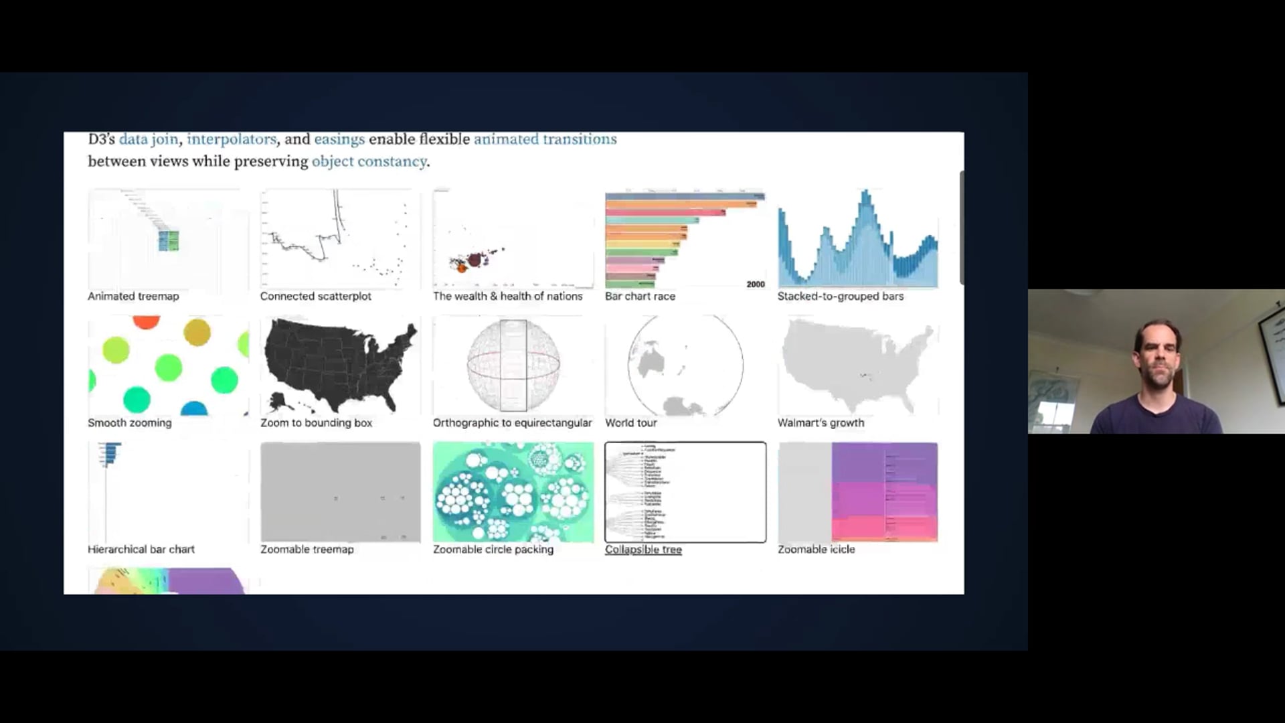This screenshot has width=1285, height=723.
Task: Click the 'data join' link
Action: [149, 139]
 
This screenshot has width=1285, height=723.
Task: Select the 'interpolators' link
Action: [231, 139]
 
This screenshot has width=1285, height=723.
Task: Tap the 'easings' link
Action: [339, 139]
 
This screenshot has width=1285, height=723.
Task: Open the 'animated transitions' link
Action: [545, 139]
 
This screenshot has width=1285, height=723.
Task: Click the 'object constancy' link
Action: [369, 161]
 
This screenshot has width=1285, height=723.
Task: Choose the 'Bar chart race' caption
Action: [640, 296]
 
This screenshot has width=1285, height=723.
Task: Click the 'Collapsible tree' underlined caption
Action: [643, 550]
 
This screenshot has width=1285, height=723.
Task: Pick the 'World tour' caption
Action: [630, 422]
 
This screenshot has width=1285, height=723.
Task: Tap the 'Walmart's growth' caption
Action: [821, 422]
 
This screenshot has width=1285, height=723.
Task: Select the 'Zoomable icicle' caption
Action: [816, 549]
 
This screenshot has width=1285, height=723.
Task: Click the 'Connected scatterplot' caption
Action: [315, 296]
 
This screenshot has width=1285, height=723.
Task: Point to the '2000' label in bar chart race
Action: [755, 285]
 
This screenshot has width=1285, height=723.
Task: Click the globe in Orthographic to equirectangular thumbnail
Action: [513, 365]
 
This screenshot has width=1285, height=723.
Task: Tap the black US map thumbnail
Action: [340, 365]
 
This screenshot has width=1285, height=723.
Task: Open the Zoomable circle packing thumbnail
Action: [513, 492]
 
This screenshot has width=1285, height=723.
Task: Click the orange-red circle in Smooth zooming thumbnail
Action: [146, 322]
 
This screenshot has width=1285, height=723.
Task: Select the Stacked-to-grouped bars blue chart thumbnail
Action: [857, 239]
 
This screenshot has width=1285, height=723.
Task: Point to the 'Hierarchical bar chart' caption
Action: [141, 549]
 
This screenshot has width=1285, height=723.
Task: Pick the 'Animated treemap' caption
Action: [133, 296]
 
